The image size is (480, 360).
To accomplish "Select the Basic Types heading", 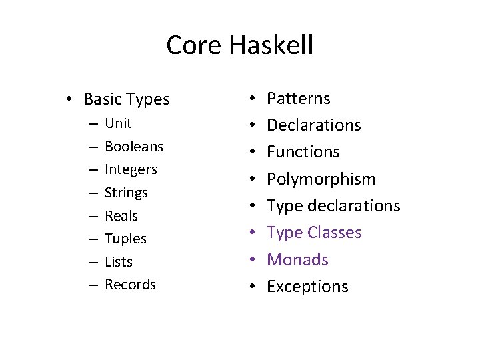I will (x=127, y=100).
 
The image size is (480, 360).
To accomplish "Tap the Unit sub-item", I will (x=118, y=123).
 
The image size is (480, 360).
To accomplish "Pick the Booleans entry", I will (x=134, y=146).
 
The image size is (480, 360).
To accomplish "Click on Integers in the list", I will (x=131, y=169).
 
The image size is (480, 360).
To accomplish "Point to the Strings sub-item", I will (x=127, y=193).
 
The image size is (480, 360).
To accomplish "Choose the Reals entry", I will (x=121, y=216).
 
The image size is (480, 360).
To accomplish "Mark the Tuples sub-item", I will (x=125, y=239).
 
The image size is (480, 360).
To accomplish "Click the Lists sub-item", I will (x=119, y=262).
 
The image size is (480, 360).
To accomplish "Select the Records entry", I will (x=130, y=285).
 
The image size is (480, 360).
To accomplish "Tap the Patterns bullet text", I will (x=298, y=99).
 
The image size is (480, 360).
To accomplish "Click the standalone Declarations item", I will (x=313, y=125).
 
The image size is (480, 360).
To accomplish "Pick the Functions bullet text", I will (x=303, y=152).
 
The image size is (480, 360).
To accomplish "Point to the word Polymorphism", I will (x=321, y=179).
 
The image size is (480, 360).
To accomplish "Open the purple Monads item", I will (x=297, y=259).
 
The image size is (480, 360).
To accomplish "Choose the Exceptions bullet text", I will (x=307, y=287).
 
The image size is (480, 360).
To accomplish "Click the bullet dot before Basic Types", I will (x=69, y=100).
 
